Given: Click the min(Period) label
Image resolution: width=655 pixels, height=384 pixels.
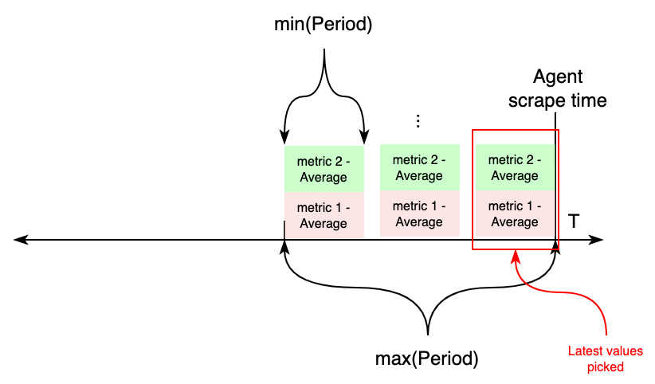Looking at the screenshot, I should point(324,25).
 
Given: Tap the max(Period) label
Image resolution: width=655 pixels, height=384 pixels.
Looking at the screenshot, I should point(426,358).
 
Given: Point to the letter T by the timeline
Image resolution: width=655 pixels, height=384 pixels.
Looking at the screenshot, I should point(573,221).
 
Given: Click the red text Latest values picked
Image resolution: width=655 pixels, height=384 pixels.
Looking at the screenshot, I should point(605,359).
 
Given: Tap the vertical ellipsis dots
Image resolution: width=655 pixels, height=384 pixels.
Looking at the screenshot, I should point(418,121).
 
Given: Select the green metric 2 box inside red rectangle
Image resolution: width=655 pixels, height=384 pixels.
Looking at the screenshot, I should point(515,168).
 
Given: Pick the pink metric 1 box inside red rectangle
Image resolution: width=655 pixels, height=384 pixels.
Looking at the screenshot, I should point(515,214).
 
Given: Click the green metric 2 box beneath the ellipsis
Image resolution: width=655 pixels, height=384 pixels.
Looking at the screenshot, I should point(419,168).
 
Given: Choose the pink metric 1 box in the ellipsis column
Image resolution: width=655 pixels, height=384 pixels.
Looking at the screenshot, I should point(419,214).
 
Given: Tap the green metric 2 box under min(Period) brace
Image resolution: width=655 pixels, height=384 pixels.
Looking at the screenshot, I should point(324,168).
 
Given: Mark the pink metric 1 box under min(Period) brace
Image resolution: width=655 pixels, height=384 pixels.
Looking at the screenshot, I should point(324,215).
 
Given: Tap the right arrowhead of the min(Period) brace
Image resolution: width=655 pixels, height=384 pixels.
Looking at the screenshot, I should point(363,139).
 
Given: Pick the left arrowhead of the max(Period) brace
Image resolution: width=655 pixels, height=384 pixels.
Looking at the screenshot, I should point(284,246).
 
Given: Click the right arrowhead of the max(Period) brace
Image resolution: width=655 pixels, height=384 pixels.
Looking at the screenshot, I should point(556,246).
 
